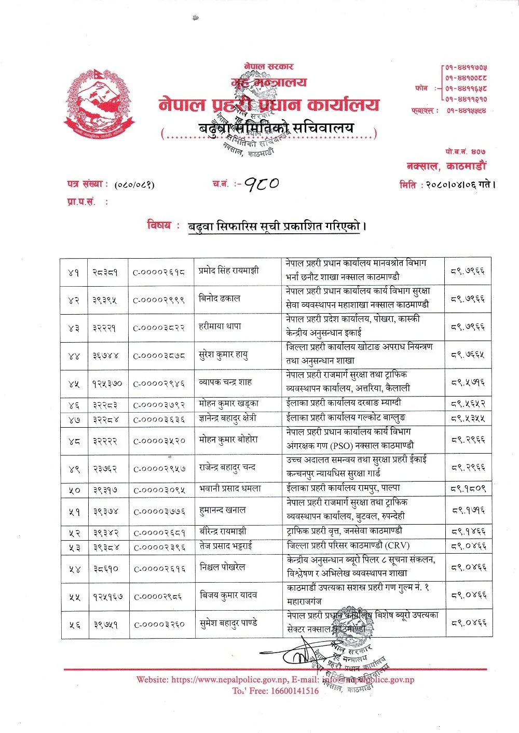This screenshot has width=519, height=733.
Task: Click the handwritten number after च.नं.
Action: click(x=262, y=184)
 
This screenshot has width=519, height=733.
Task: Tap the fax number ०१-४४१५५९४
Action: click(x=467, y=110)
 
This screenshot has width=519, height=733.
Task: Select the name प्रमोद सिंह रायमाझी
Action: click(x=229, y=270)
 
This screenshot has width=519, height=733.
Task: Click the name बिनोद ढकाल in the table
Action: click(x=220, y=298)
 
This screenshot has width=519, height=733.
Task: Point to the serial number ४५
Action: click(x=73, y=384)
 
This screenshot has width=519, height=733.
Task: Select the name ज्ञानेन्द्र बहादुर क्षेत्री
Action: click(x=228, y=418)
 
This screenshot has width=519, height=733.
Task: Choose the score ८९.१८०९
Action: click(x=468, y=489)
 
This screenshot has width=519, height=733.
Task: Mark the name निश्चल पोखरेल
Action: click(x=222, y=567)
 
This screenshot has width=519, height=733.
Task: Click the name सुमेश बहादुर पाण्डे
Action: click(x=228, y=624)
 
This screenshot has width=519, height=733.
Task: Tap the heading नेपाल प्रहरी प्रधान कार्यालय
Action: click(x=269, y=105)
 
